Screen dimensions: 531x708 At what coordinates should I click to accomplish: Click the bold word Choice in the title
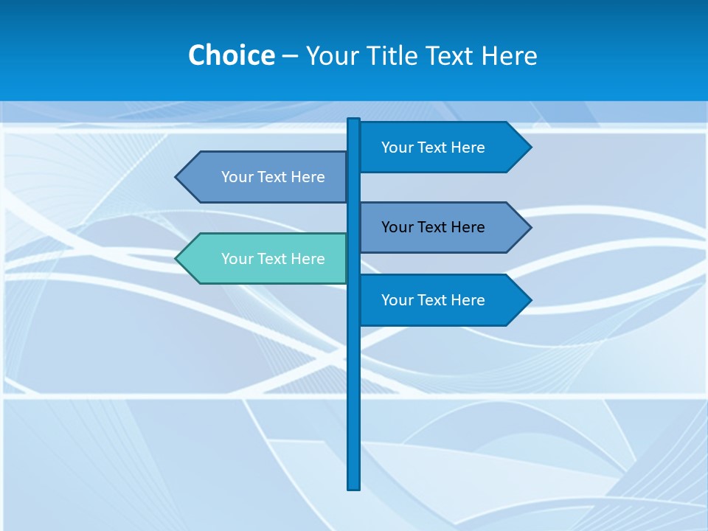click(231, 55)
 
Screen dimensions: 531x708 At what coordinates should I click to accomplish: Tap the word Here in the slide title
click(509, 55)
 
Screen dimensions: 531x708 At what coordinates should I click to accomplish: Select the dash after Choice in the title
click(290, 56)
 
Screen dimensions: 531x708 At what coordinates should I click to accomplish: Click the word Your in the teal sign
click(236, 259)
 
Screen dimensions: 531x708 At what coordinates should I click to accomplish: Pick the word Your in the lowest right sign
click(396, 300)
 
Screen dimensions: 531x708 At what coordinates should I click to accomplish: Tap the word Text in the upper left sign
click(272, 177)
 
